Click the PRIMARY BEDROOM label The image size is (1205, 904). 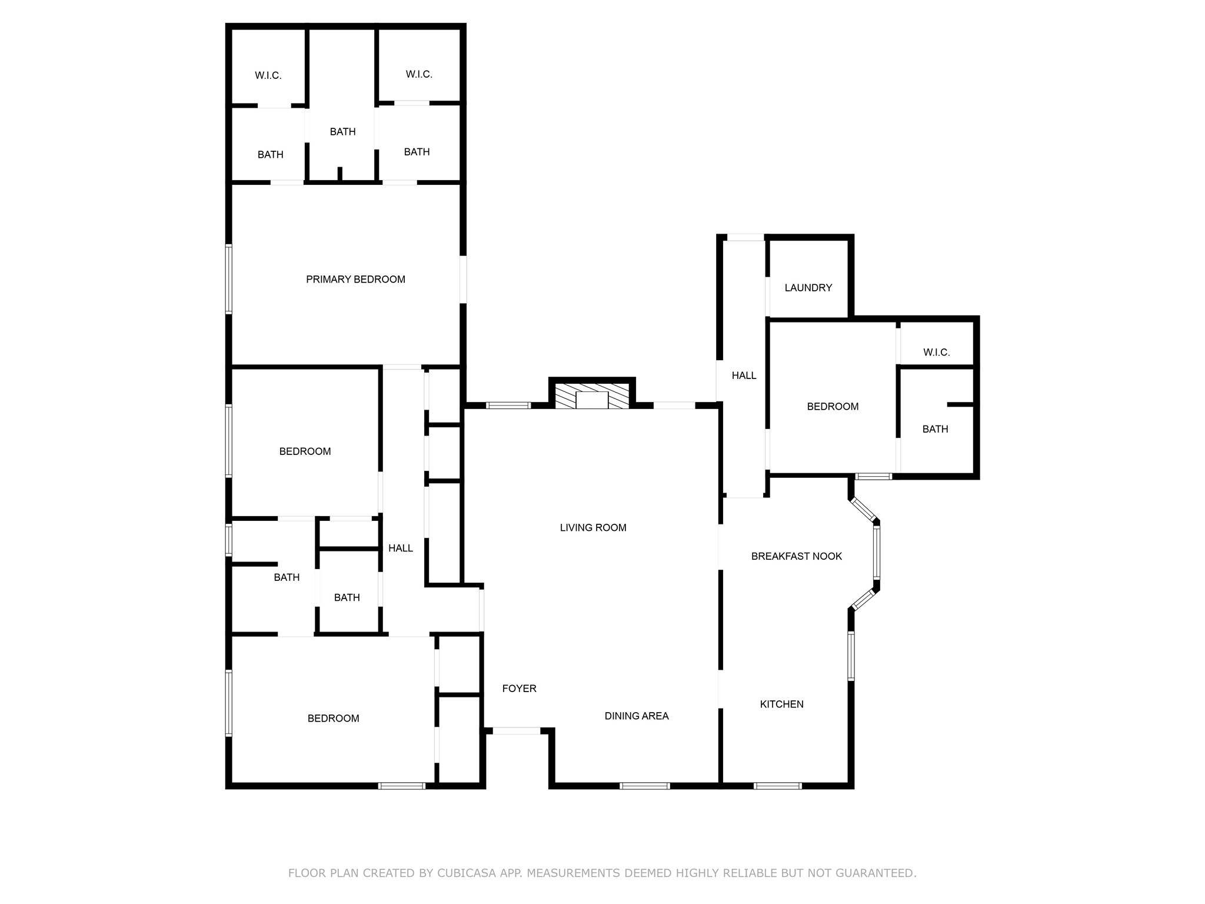[x=355, y=280]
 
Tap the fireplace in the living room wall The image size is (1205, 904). [x=592, y=397]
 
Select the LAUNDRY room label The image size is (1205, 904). [x=808, y=288]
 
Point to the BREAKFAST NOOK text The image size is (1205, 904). [x=796, y=556]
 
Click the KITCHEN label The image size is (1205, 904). [x=781, y=704]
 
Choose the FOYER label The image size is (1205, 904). [x=519, y=689]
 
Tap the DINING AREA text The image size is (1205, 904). [x=637, y=716]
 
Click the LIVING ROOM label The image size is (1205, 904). [x=592, y=528]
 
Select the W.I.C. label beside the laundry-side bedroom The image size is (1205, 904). [x=936, y=353]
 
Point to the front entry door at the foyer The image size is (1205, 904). [x=516, y=731]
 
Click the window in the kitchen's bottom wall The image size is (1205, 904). [x=777, y=786]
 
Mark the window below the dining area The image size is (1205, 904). [x=644, y=786]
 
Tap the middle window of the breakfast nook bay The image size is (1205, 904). [x=876, y=552]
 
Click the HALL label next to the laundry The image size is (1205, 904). [x=744, y=375]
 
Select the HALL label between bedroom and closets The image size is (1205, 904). [x=400, y=549]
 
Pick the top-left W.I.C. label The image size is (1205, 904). [x=268, y=76]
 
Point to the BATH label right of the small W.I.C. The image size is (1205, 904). [x=935, y=429]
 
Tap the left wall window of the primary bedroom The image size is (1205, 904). [x=229, y=278]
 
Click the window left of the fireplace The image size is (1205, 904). [x=508, y=406]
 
